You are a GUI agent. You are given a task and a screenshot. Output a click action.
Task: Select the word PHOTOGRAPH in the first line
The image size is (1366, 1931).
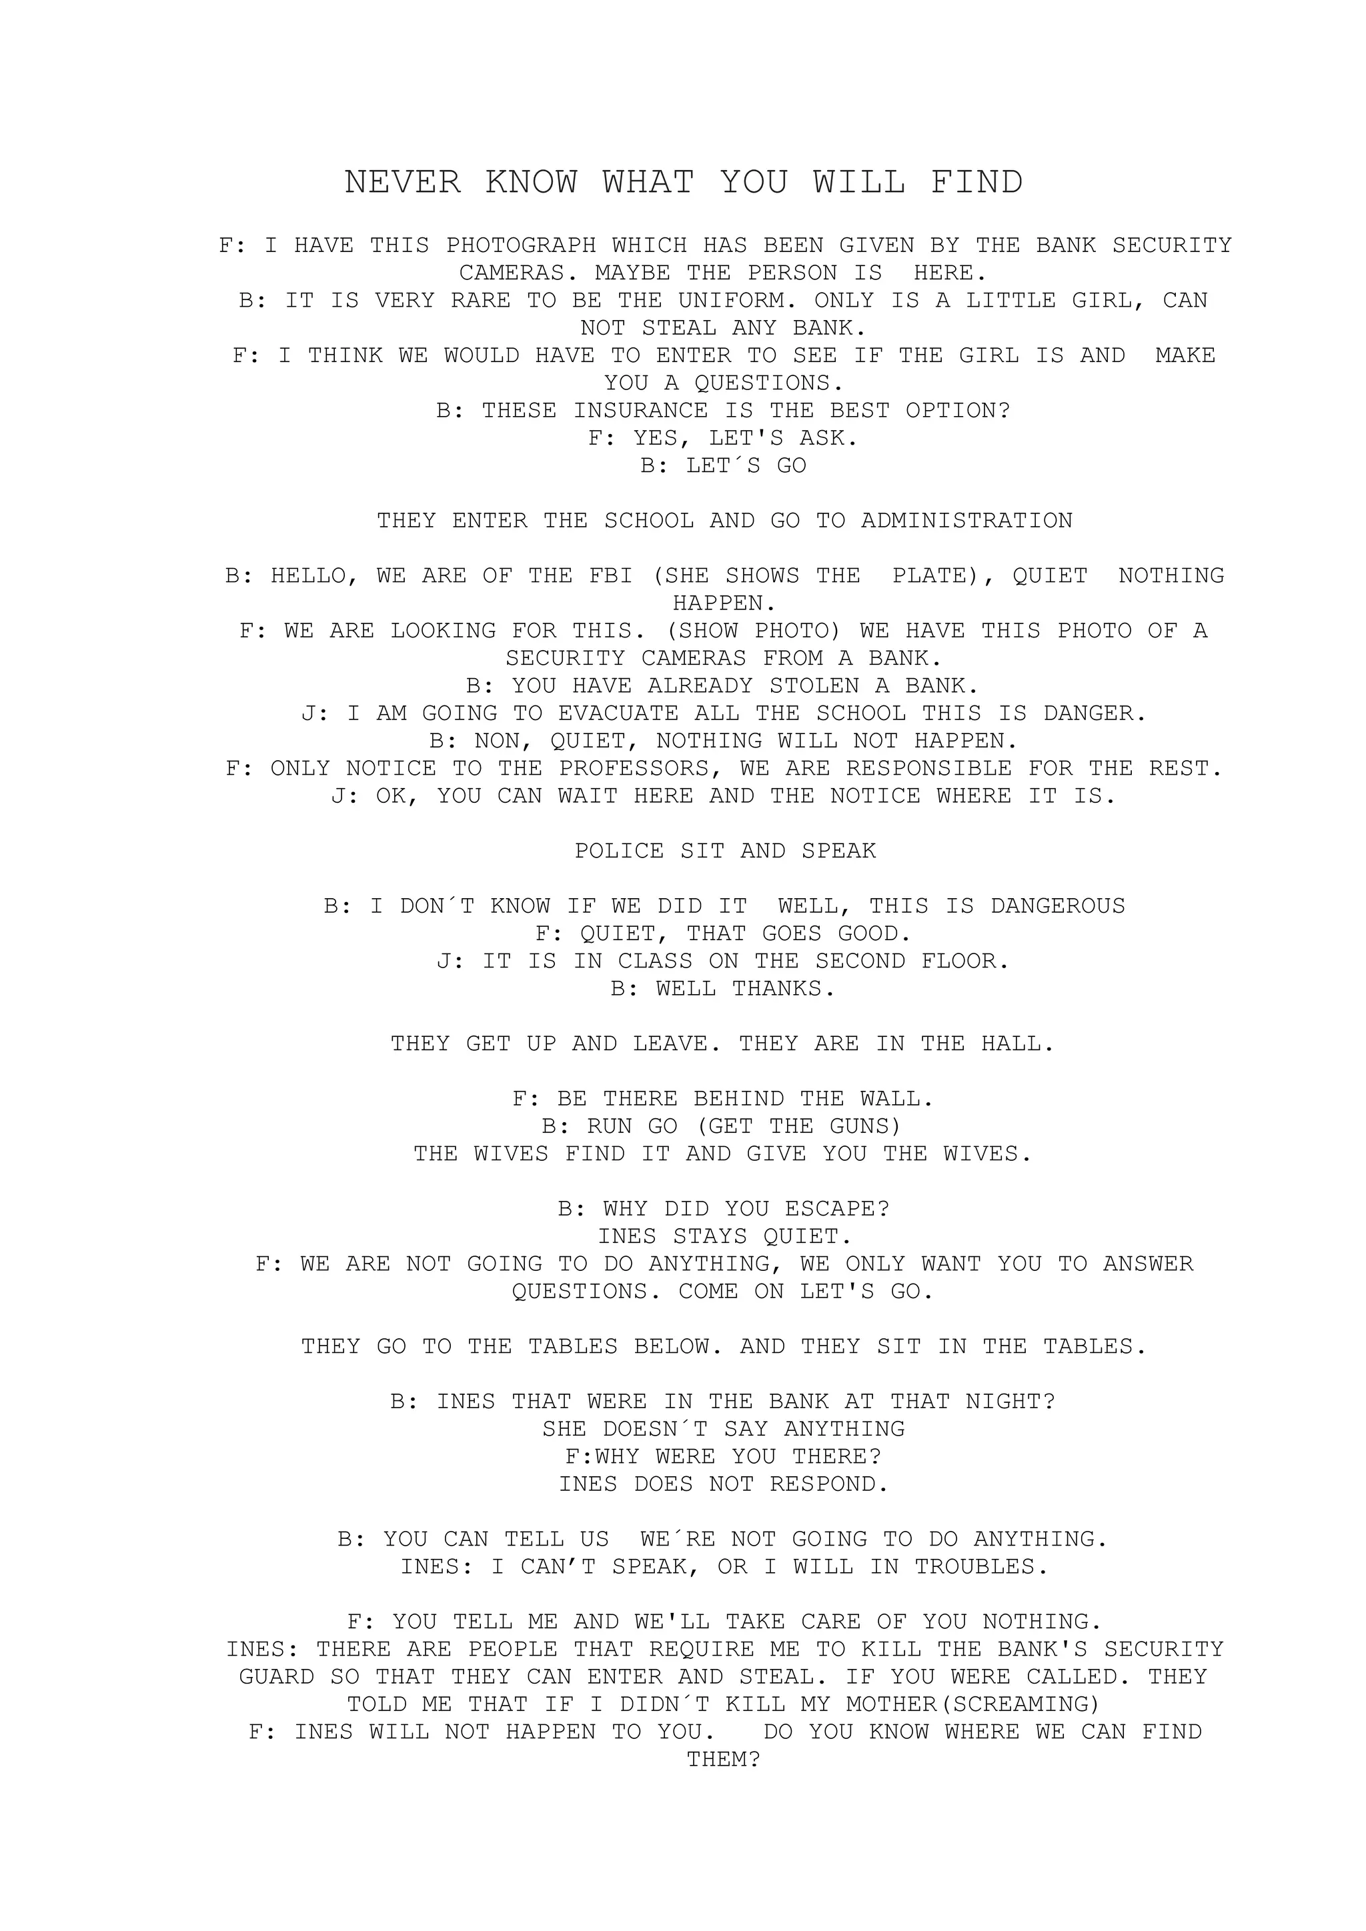tap(521, 245)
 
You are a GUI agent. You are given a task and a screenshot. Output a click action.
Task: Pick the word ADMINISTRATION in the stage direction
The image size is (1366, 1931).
tap(966, 521)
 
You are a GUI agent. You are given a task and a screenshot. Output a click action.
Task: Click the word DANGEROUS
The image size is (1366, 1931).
tap(1057, 905)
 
